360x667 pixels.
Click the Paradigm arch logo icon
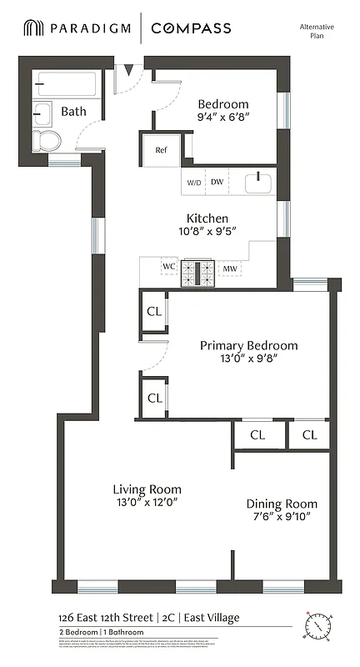[32, 29]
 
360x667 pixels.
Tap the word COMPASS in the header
[191, 29]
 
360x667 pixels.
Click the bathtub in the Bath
[66, 85]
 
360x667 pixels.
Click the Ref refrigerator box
[161, 150]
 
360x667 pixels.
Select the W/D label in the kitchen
[193, 182]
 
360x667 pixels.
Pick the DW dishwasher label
[217, 182]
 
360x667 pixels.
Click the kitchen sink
[259, 181]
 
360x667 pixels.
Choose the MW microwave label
[229, 268]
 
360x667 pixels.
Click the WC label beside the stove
[169, 268]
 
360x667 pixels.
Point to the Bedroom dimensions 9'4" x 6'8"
[222, 118]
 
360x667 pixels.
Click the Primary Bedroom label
[248, 345]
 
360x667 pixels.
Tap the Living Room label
[147, 489]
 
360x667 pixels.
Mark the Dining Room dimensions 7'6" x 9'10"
[281, 518]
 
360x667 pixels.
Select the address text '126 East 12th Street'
[86, 618]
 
